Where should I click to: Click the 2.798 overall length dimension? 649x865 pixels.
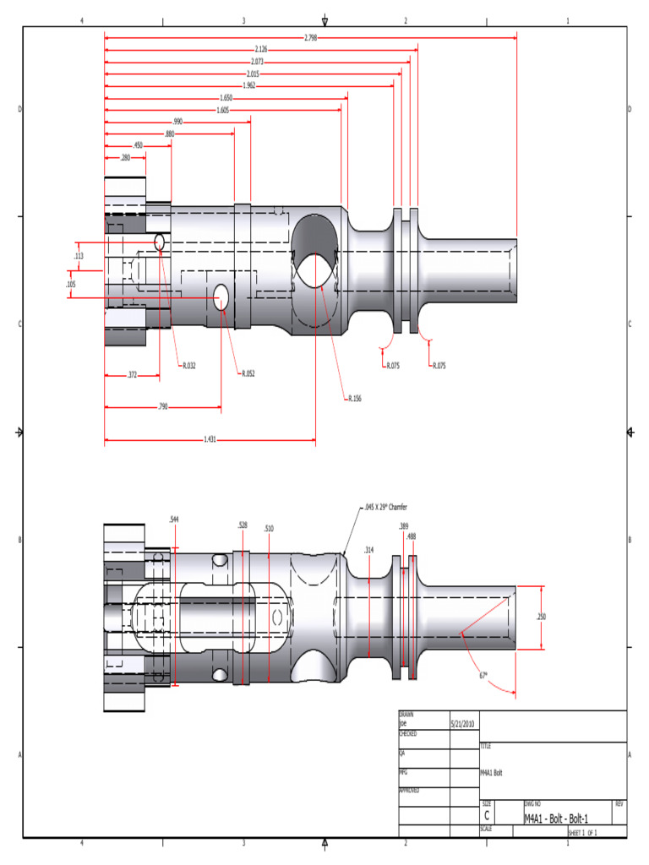click(310, 38)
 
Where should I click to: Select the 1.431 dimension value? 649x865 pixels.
click(210, 439)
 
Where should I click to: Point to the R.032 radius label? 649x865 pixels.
click(188, 366)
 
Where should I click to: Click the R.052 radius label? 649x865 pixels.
click(248, 373)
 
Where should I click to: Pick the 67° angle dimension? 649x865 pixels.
click(483, 675)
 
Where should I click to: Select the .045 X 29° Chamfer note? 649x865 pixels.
click(385, 508)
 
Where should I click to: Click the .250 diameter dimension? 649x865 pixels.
click(541, 617)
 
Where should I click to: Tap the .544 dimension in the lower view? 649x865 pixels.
click(174, 519)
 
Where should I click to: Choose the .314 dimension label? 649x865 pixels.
click(368, 550)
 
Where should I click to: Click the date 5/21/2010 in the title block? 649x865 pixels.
click(464, 724)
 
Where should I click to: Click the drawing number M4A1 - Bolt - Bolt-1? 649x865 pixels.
click(556, 819)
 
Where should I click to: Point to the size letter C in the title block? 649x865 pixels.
click(487, 816)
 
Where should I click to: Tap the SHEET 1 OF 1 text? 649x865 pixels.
click(582, 833)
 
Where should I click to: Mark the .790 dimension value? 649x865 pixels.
click(162, 407)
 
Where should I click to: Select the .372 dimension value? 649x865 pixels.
click(132, 374)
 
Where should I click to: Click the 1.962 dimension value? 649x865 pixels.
click(249, 85)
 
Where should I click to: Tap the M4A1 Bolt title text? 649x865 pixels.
click(491, 773)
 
